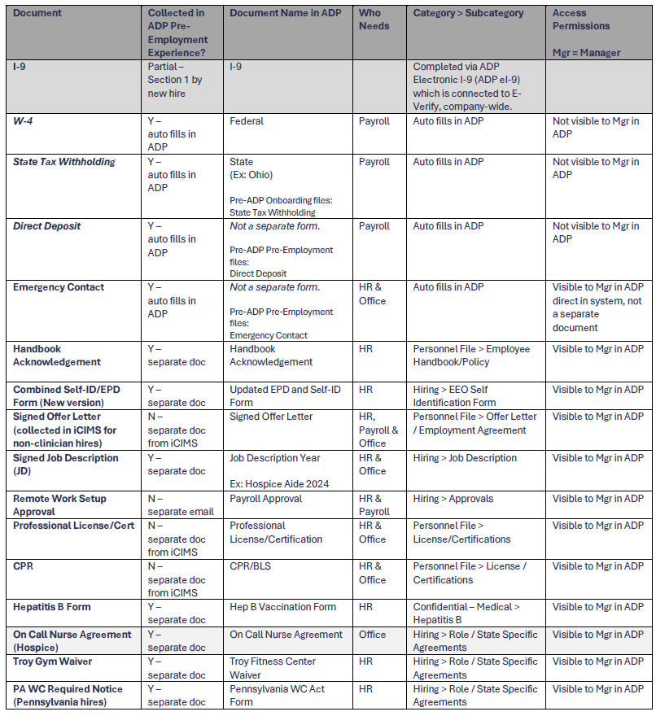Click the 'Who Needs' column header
tap(374, 20)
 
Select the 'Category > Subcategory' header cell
tap(468, 13)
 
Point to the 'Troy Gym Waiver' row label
tap(53, 661)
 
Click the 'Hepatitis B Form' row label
tap(52, 607)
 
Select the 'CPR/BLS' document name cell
tap(251, 566)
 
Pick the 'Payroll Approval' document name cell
tap(265, 499)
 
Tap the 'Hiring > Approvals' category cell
tap(459, 499)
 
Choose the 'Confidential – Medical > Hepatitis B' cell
tap(466, 613)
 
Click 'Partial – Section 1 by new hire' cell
tap(174, 80)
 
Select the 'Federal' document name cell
tap(247, 121)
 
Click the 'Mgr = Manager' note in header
tap(586, 53)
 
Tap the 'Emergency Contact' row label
tap(58, 287)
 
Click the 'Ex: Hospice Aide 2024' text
tap(279, 484)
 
